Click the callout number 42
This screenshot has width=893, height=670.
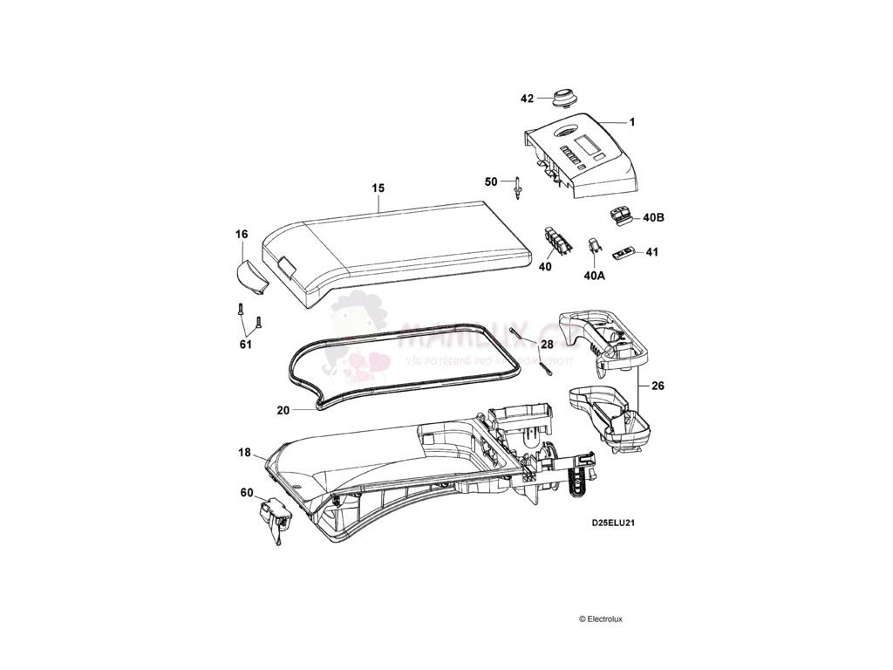[527, 99]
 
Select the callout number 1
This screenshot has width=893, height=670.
[632, 121]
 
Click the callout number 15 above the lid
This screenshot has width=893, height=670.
[378, 188]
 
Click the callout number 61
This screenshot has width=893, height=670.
[246, 345]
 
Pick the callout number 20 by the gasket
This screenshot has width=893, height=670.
[283, 409]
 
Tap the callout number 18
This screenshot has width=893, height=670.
[245, 453]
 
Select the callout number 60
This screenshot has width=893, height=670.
[247, 492]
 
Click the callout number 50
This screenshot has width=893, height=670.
[491, 181]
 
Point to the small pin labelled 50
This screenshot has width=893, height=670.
[519, 187]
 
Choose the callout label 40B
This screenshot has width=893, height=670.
[653, 217]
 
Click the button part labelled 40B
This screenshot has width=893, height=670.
[622, 215]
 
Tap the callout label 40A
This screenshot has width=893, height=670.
[594, 275]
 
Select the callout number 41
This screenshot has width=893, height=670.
[651, 252]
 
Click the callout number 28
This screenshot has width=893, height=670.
[547, 345]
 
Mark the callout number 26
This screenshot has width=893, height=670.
[657, 384]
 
